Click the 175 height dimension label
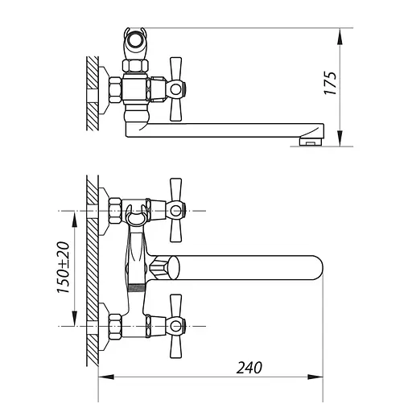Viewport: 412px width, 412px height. (x=330, y=83)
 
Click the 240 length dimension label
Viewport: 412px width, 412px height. (x=249, y=368)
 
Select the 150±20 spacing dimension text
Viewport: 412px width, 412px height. (x=64, y=267)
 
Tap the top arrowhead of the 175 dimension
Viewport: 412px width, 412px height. (x=340, y=36)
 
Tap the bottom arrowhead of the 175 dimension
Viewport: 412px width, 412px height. (x=340, y=138)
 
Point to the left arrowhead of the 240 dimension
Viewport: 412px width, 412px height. (x=106, y=377)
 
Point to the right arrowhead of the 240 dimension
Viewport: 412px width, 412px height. (x=315, y=377)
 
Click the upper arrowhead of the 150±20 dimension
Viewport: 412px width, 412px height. (x=74, y=219)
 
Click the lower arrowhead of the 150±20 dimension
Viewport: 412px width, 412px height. (x=74, y=319)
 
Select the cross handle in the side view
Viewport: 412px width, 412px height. (x=176, y=89)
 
